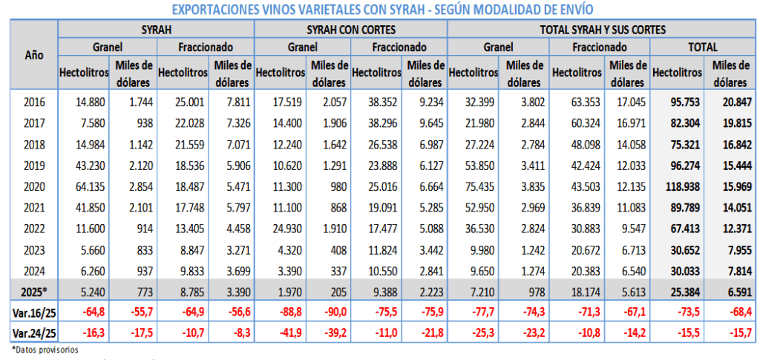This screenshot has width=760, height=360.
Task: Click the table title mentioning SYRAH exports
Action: coord(381,9)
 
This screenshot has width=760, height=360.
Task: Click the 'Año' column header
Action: coord(33,55)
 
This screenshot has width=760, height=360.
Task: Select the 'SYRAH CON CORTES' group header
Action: coord(350,30)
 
